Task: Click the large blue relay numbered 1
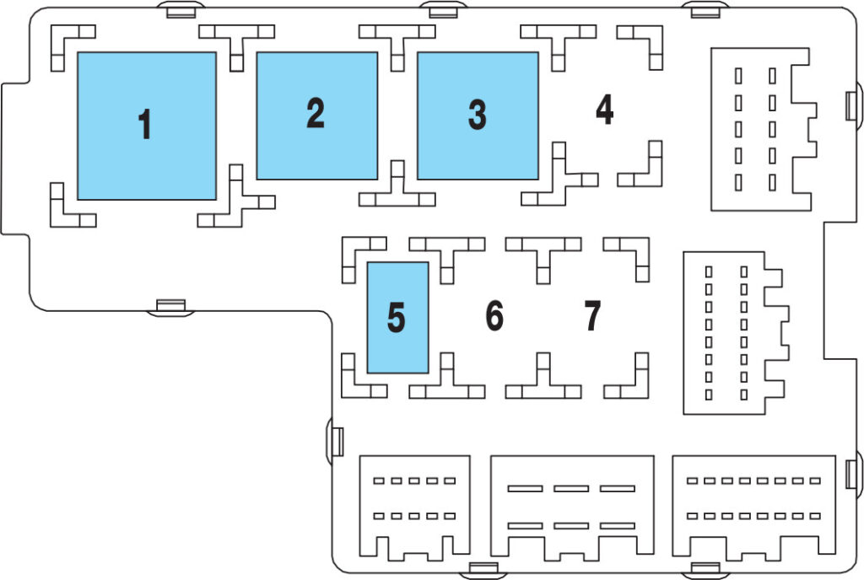pyautogui.click(x=147, y=126)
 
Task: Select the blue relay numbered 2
pyautogui.click(x=317, y=115)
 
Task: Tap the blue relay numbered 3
pyautogui.click(x=478, y=115)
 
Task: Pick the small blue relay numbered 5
pyautogui.click(x=397, y=318)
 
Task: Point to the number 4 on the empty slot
pyautogui.click(x=604, y=110)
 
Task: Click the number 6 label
pyautogui.click(x=494, y=316)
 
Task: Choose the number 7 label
pyautogui.click(x=592, y=316)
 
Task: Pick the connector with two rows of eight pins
pyautogui.click(x=753, y=505)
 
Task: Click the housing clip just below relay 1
pyautogui.click(x=170, y=307)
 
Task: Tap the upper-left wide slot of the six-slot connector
pyautogui.click(x=525, y=489)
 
